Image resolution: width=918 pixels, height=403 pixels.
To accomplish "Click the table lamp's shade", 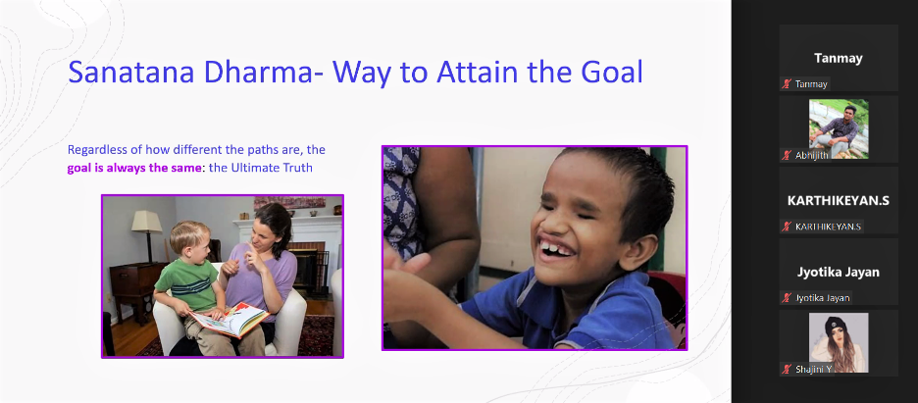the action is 146,222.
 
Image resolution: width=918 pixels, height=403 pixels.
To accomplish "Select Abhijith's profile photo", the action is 839,128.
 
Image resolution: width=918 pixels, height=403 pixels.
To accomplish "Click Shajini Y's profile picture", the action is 839,343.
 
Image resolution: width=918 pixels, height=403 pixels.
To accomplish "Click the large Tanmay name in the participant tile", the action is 839,59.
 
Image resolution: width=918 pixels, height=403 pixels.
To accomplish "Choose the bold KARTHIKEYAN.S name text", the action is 839,201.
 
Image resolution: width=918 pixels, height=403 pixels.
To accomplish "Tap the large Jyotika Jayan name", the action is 839,272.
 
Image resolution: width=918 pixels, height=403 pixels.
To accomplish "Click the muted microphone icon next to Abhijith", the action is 787,155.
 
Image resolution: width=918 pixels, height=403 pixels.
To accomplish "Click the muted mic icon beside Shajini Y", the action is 787,369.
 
